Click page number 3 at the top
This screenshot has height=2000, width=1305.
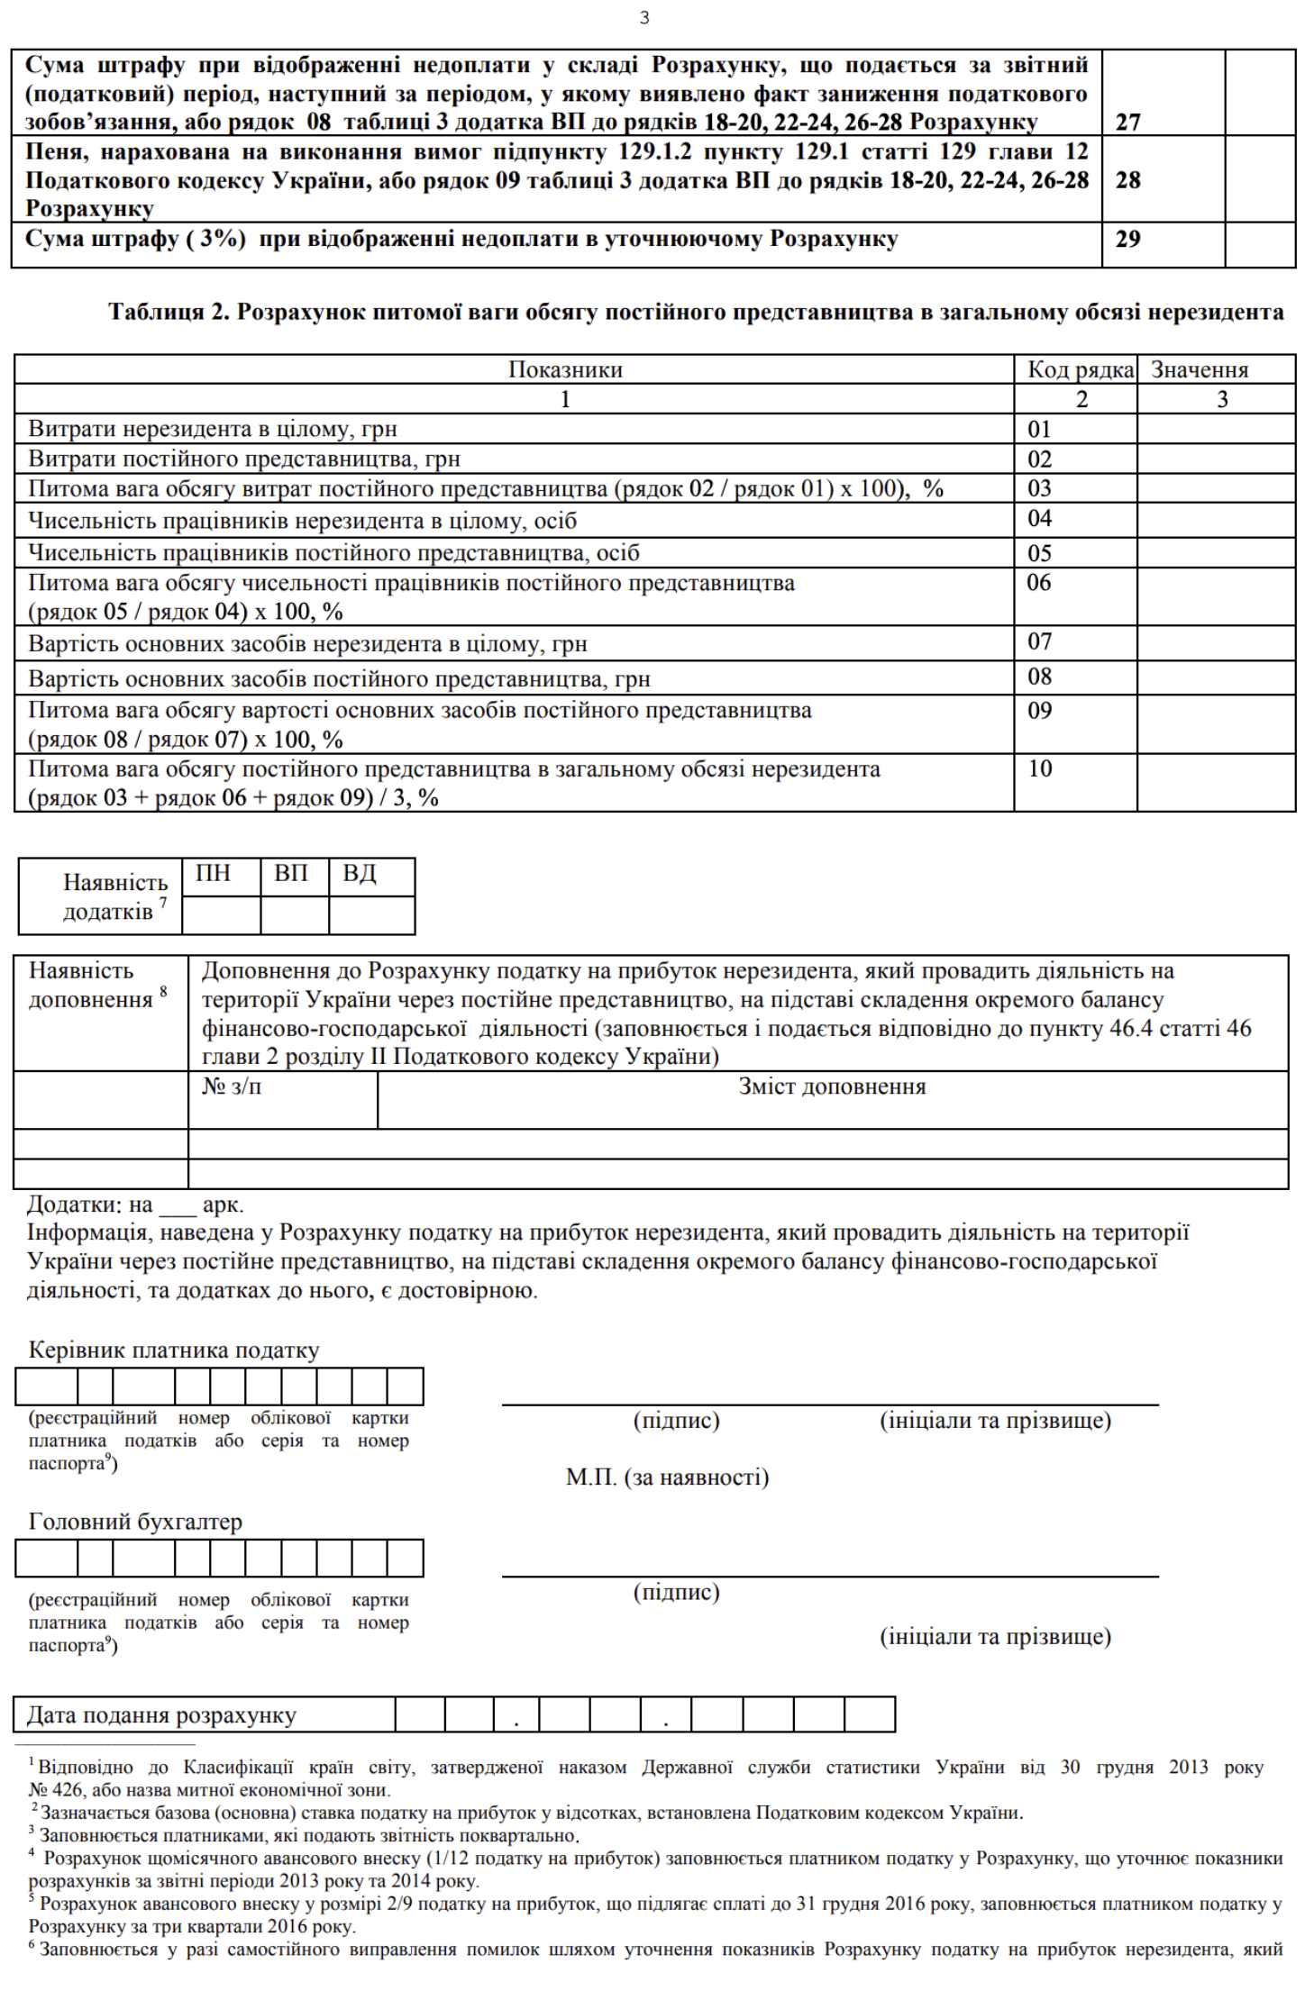(644, 18)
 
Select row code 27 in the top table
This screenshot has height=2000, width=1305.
(1128, 123)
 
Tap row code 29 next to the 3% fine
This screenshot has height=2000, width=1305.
(1128, 240)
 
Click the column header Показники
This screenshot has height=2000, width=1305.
(565, 370)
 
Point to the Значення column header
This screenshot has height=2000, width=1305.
(1200, 370)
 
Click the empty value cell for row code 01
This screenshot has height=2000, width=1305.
(1216, 429)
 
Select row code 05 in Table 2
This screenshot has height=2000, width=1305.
(1040, 553)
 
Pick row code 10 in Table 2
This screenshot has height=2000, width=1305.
(1040, 769)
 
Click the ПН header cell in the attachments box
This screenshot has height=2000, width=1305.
(214, 874)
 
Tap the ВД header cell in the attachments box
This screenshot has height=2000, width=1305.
(360, 874)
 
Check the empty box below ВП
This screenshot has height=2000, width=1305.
(295, 914)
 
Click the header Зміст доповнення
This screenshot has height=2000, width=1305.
(832, 1086)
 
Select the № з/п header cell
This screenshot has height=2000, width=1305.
(232, 1086)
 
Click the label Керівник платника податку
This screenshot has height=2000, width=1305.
(174, 1350)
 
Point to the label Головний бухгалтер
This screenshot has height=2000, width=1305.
(135, 1522)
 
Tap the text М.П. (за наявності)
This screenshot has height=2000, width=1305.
(667, 1477)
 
